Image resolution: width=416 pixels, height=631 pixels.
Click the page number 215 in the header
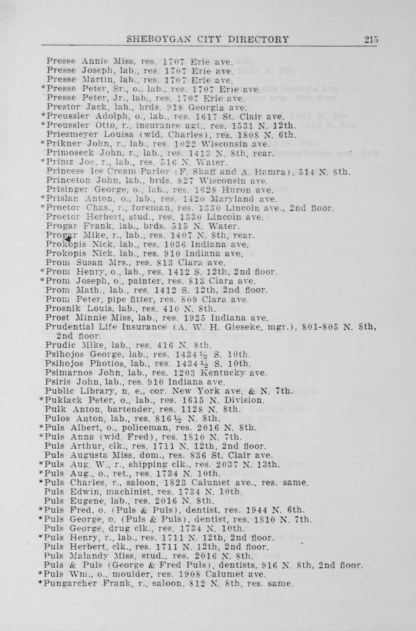point(371,39)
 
